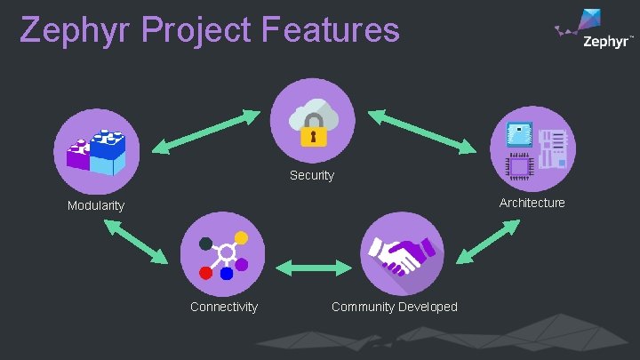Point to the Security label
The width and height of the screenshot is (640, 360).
pyautogui.click(x=312, y=176)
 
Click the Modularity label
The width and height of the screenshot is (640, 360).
pyautogui.click(x=96, y=206)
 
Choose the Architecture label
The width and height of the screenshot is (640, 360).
pyautogui.click(x=532, y=203)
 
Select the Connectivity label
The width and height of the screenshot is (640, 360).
pyautogui.click(x=224, y=307)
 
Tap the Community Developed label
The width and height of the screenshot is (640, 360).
pyautogui.click(x=395, y=307)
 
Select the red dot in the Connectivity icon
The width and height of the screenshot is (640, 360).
pyautogui.click(x=206, y=272)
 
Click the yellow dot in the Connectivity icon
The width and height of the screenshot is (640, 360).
pyautogui.click(x=240, y=238)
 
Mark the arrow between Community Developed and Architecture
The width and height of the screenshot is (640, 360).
pyautogui.click(x=488, y=240)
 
